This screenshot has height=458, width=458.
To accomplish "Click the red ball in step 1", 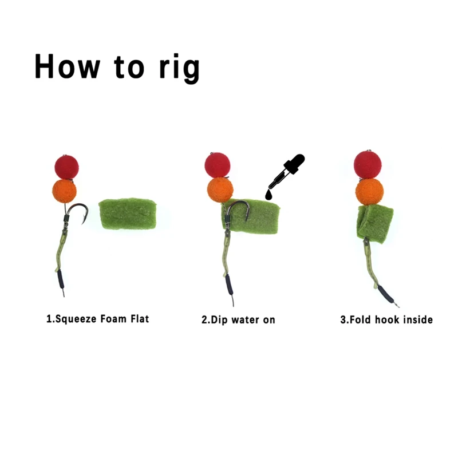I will (x=66, y=167).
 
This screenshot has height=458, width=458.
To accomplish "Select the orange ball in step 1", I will (x=65, y=191).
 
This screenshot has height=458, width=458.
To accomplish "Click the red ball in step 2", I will (x=218, y=165).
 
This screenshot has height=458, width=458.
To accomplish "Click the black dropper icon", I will (x=291, y=171).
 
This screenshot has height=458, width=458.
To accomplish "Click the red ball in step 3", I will (x=368, y=164).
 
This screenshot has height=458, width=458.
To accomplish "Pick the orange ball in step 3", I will (x=369, y=191).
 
